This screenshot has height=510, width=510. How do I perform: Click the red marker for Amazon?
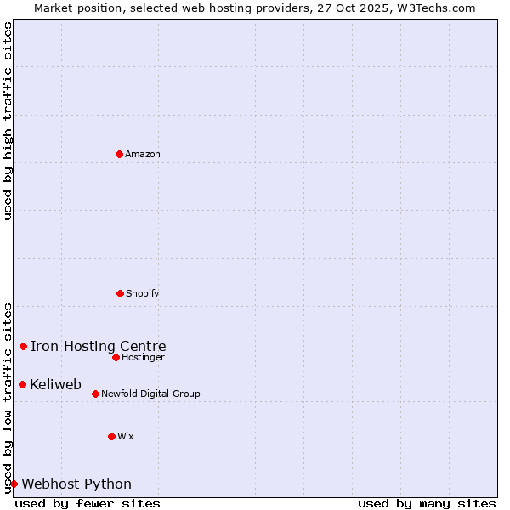pyautogui.click(x=119, y=154)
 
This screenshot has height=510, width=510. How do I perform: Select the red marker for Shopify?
pyautogui.click(x=120, y=293)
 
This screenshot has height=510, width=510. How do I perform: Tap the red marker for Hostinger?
pyautogui.click(x=116, y=357)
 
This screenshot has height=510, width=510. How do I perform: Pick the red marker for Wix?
pyautogui.click(x=111, y=436)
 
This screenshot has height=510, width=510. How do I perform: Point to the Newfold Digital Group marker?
pyautogui.click(x=95, y=394)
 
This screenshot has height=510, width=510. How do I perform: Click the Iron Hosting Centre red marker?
pyautogui.click(x=23, y=346)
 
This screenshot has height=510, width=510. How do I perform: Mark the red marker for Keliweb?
pyautogui.click(x=22, y=384)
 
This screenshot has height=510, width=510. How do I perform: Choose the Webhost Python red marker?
pyautogui.click(x=14, y=484)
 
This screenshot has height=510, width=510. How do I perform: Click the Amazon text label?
pyautogui.click(x=143, y=154)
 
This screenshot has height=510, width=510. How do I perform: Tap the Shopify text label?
pyautogui.click(x=143, y=293)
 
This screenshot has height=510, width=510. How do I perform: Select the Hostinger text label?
pyautogui.click(x=143, y=357)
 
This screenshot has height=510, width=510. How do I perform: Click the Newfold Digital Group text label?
pyautogui.click(x=150, y=394)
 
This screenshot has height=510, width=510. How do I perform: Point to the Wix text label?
pyautogui.click(x=126, y=436)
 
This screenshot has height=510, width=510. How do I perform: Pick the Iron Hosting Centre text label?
pyautogui.click(x=98, y=346)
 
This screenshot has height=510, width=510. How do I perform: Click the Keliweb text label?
pyautogui.click(x=55, y=384)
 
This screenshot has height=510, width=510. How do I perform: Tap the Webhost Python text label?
pyautogui.click(x=76, y=484)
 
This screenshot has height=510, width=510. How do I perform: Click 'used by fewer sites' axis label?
pyautogui.click(x=88, y=503)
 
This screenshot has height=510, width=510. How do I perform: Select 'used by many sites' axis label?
pyautogui.click(x=427, y=503)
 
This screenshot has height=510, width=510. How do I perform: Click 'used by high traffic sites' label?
pyautogui.click(x=8, y=121)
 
